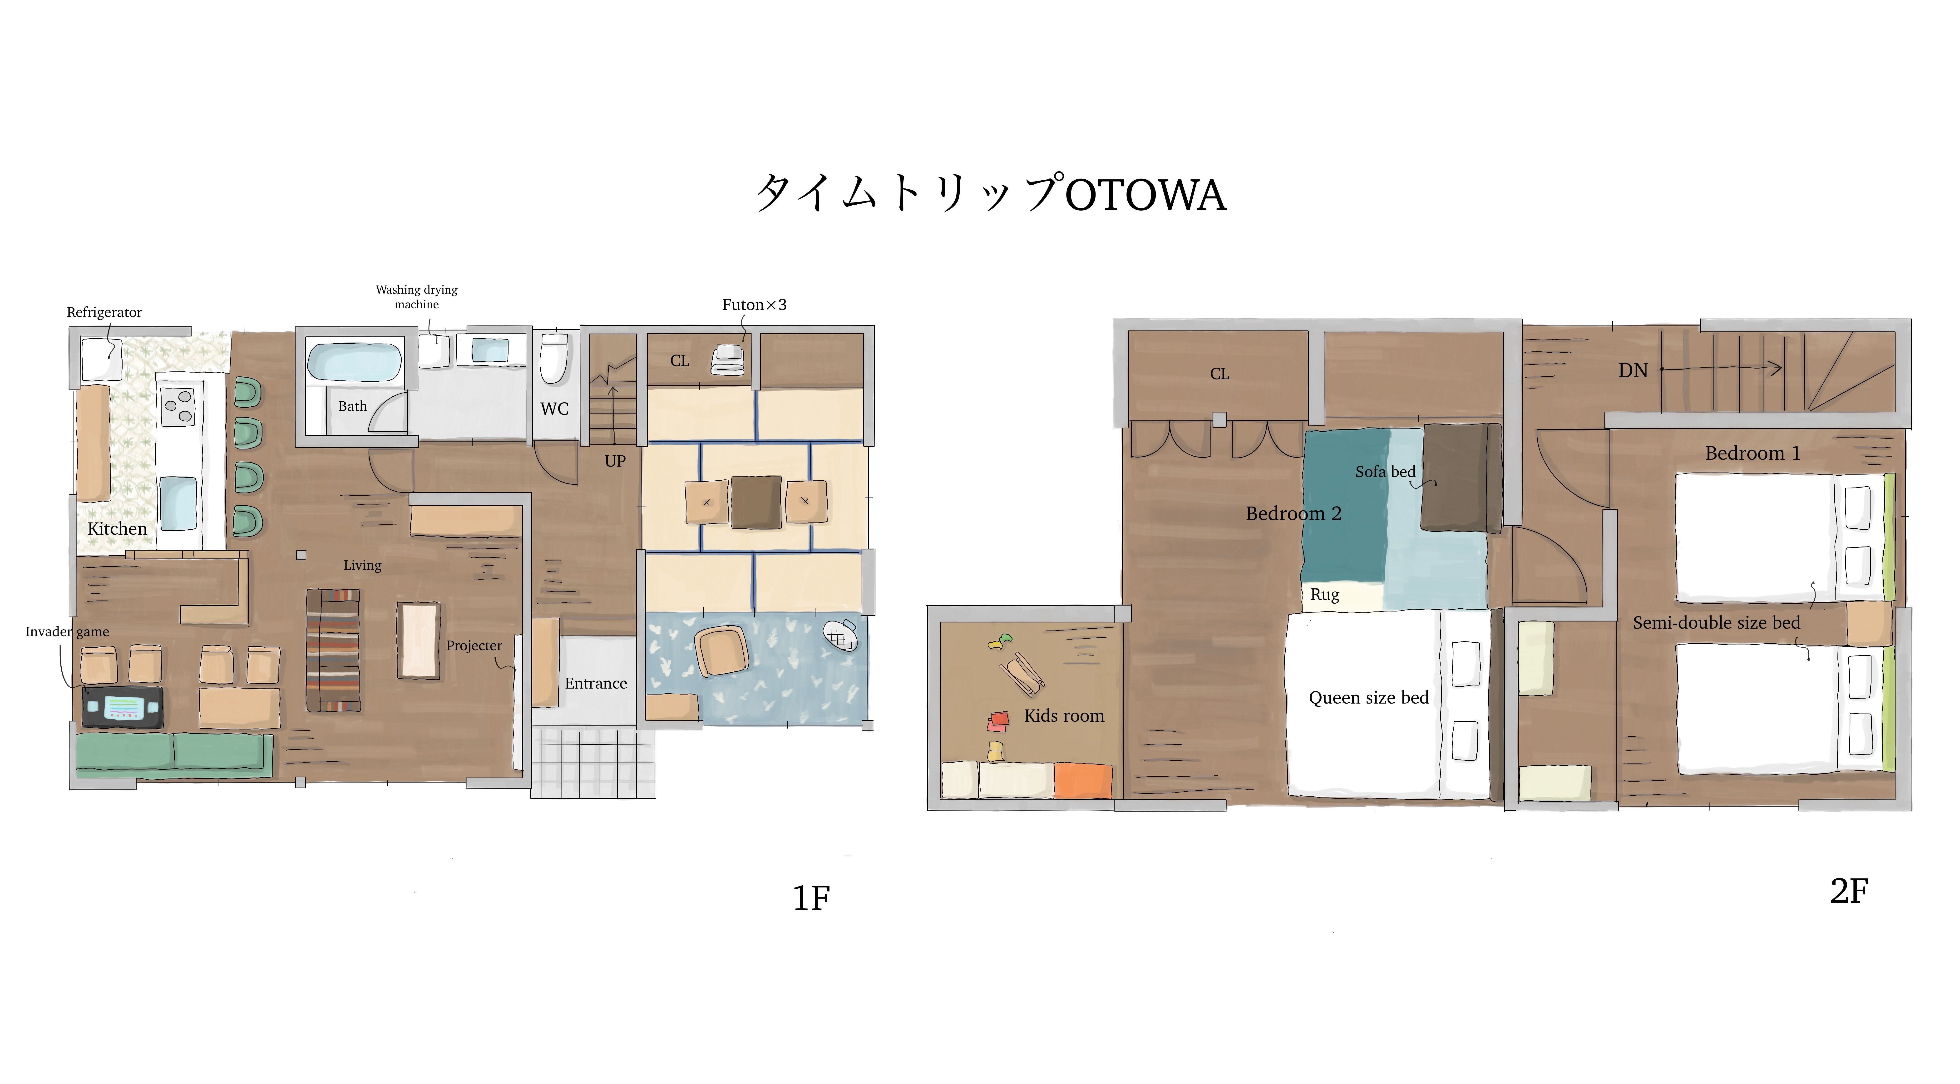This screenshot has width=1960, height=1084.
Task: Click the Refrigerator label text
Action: (x=104, y=313)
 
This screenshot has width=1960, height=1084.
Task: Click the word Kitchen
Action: (x=117, y=529)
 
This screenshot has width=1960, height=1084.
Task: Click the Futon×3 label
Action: (x=754, y=305)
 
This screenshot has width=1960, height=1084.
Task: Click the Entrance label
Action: (x=596, y=683)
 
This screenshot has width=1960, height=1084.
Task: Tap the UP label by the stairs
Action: (x=615, y=461)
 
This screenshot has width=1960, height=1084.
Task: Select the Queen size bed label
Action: (x=1369, y=698)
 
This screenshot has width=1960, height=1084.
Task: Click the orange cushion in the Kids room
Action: (x=1083, y=780)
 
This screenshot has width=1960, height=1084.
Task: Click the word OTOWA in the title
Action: (x=1146, y=195)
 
